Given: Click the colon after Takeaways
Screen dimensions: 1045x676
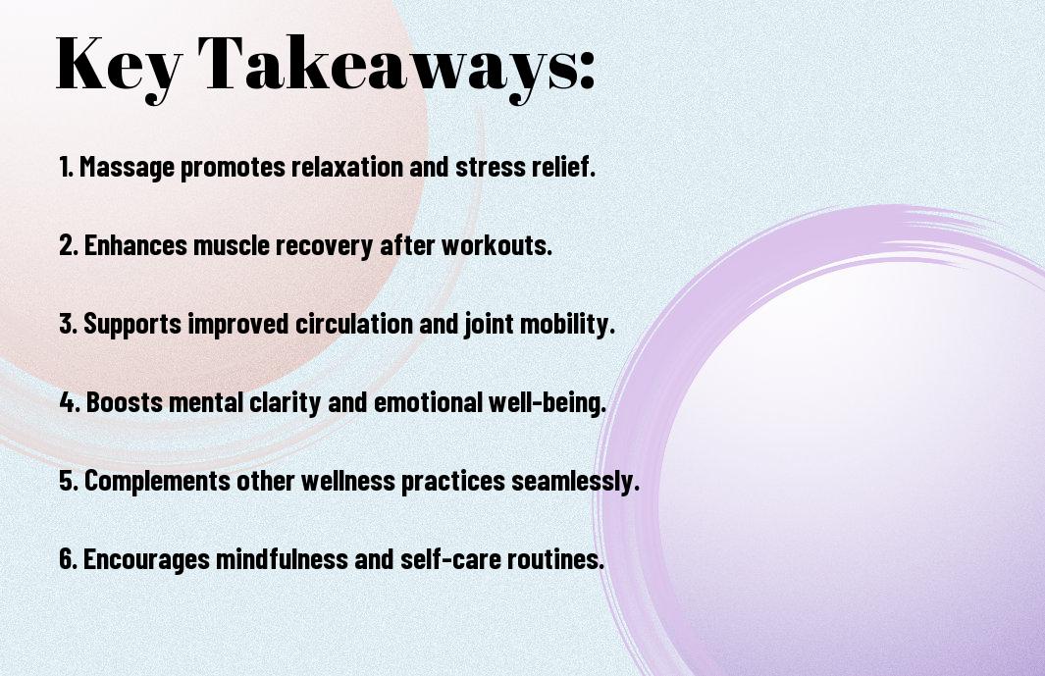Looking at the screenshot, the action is pyautogui.click(x=587, y=70).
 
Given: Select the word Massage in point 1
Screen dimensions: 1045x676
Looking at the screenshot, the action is pyautogui.click(x=127, y=168).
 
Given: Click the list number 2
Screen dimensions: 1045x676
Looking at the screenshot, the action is pyautogui.click(x=68, y=245).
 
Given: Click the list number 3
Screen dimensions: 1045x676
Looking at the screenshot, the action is pyautogui.click(x=68, y=324).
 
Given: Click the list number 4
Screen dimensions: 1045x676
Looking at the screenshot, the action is pyautogui.click(x=70, y=402).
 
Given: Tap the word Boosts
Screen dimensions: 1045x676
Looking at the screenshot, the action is pyautogui.click(x=125, y=402).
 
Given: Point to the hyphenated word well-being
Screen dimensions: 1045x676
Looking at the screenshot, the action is pyautogui.click(x=547, y=403).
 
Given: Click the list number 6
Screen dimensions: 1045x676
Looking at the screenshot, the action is pyautogui.click(x=68, y=559).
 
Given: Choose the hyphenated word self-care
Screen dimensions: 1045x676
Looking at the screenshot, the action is pyautogui.click(x=450, y=558).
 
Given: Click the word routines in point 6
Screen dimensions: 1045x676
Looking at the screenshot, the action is pyautogui.click(x=555, y=559).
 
